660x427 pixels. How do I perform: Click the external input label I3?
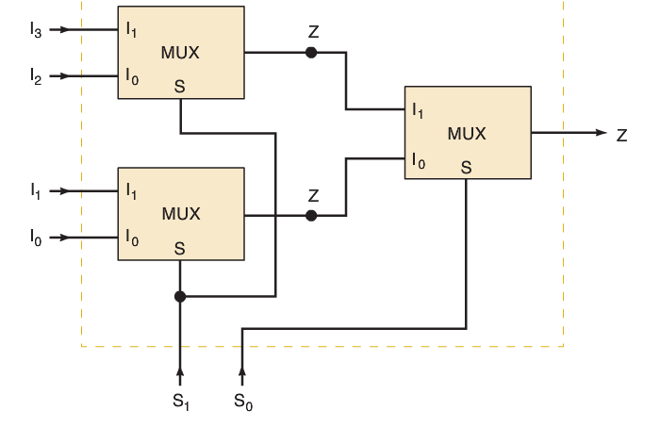36,30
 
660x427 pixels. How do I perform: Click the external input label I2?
36,76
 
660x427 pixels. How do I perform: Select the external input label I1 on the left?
36,190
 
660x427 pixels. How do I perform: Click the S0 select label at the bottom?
243,401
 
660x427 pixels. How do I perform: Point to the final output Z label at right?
622,135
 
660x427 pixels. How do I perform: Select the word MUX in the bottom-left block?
181,213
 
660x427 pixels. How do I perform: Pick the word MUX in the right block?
467,134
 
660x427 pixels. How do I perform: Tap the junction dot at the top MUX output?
311,53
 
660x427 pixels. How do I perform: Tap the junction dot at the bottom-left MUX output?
311,215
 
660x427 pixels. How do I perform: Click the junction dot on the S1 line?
180,296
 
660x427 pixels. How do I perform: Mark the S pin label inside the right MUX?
466,168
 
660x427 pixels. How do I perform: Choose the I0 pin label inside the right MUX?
418,161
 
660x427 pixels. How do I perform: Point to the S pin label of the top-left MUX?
179,87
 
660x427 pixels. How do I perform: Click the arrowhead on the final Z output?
601,133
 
